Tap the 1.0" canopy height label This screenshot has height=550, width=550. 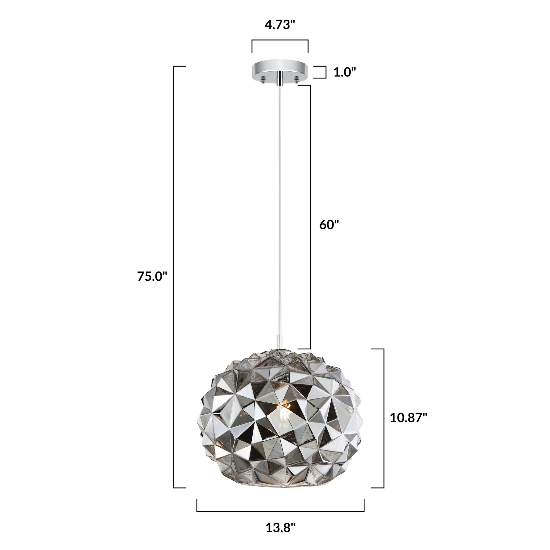[345, 72]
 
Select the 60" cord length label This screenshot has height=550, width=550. [329, 225]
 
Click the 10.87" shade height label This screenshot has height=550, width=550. [408, 418]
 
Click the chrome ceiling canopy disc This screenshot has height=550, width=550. [280, 70]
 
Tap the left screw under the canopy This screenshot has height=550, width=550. [263, 79]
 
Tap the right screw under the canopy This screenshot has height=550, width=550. [297, 79]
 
